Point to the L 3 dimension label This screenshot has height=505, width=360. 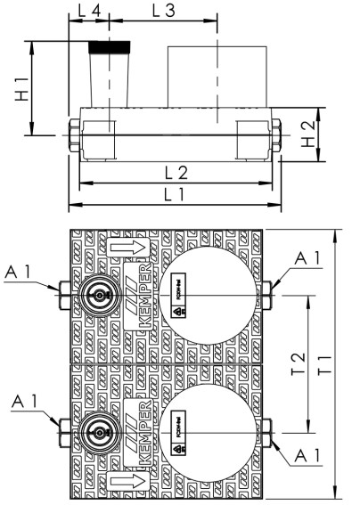coord(162,12)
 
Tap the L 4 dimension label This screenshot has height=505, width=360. coord(88,12)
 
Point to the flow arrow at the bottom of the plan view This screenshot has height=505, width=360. coord(121,485)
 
